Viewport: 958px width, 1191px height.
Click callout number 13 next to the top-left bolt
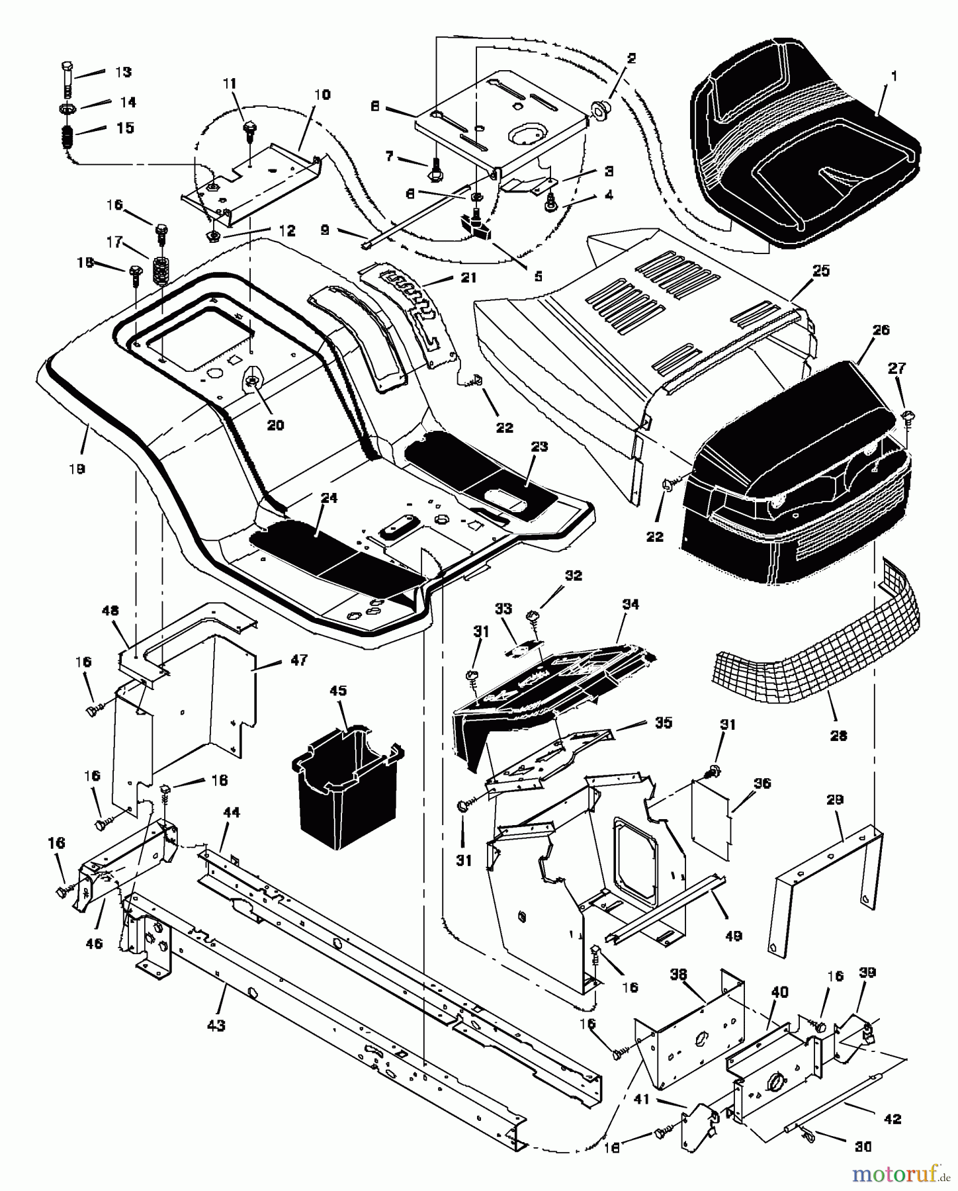123,72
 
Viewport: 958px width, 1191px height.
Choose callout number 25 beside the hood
821,271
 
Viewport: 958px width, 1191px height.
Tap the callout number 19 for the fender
77,468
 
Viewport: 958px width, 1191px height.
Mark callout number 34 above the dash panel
631,605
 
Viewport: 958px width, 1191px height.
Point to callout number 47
299,660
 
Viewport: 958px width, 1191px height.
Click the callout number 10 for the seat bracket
322,95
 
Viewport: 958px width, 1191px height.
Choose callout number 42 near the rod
892,1120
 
